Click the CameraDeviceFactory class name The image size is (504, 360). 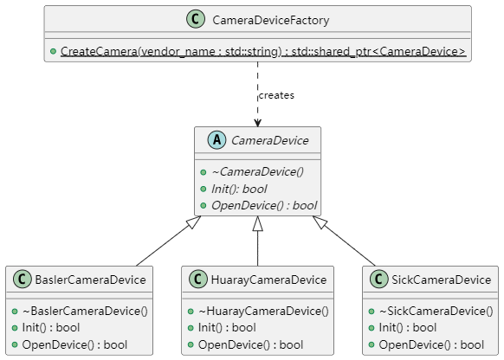tap(271, 20)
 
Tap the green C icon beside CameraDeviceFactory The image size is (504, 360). tap(196, 19)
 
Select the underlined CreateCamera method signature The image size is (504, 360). tap(263, 51)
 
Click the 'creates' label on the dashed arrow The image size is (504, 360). tap(276, 95)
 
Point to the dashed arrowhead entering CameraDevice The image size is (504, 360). tap(257, 123)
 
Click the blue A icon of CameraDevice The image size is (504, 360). tap(217, 140)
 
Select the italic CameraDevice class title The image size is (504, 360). tap(270, 140)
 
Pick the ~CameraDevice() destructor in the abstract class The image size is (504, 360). tap(257, 172)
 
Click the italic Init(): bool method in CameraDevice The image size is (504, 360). tap(239, 189)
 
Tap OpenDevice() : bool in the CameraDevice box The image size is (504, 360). tap(264, 206)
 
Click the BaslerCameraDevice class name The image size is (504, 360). tap(90, 280)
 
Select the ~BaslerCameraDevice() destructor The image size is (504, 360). tap(85, 312)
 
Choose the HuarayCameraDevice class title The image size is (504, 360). tap(268, 280)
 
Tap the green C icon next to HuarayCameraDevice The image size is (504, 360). tap(198, 279)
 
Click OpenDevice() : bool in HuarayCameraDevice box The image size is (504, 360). tap(251, 344)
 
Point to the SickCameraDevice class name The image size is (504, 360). tap(442, 280)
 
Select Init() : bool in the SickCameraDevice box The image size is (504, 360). tap(408, 328)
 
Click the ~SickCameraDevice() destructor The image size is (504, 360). tap(436, 312)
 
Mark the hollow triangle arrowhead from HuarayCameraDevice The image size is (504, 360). tap(257, 223)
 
